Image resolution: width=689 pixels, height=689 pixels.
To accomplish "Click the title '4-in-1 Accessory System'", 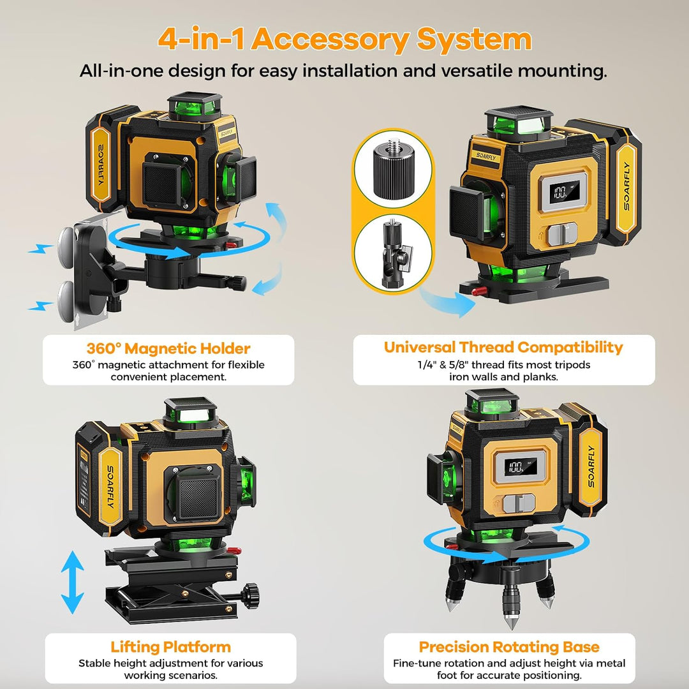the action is [x=344, y=40].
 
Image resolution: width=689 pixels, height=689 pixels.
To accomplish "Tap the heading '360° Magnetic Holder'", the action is [x=168, y=348].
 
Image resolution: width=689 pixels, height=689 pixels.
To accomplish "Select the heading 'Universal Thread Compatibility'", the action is [x=503, y=348].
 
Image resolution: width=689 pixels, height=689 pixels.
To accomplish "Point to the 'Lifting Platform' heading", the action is [x=170, y=647].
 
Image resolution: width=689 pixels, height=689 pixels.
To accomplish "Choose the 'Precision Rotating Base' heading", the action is [x=509, y=647].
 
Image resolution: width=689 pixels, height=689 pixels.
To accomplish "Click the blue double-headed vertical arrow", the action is [x=73, y=582].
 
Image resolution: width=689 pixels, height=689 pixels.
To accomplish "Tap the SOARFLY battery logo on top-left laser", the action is [x=100, y=163].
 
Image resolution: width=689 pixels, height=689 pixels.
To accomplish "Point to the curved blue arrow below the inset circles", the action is [x=446, y=301].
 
